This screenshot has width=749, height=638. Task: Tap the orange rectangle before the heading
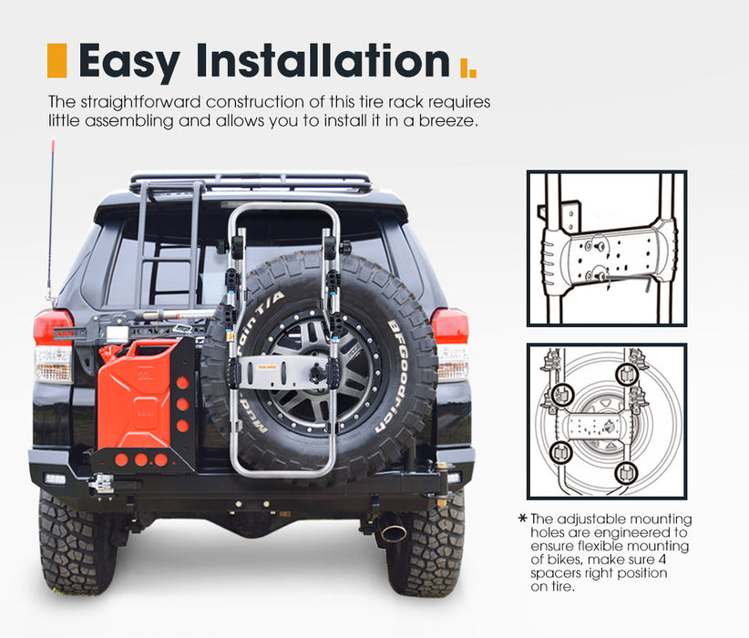56,60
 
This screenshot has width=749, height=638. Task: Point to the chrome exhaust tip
392,531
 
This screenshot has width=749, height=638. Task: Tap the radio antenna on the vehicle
51,219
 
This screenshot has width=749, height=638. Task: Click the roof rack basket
251,182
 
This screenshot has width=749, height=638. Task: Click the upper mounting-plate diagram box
606,248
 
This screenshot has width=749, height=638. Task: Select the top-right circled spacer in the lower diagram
626,374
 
